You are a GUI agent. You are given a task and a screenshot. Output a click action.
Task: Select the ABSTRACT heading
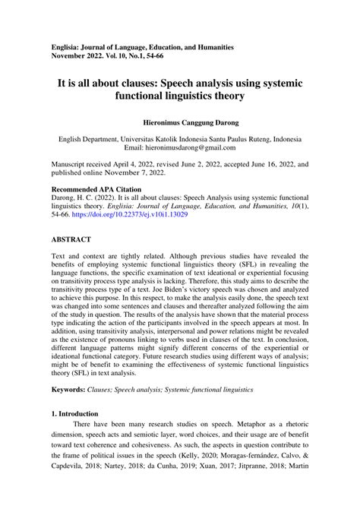coord(71,238)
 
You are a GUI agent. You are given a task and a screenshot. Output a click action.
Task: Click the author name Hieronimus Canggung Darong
coord(180,122)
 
